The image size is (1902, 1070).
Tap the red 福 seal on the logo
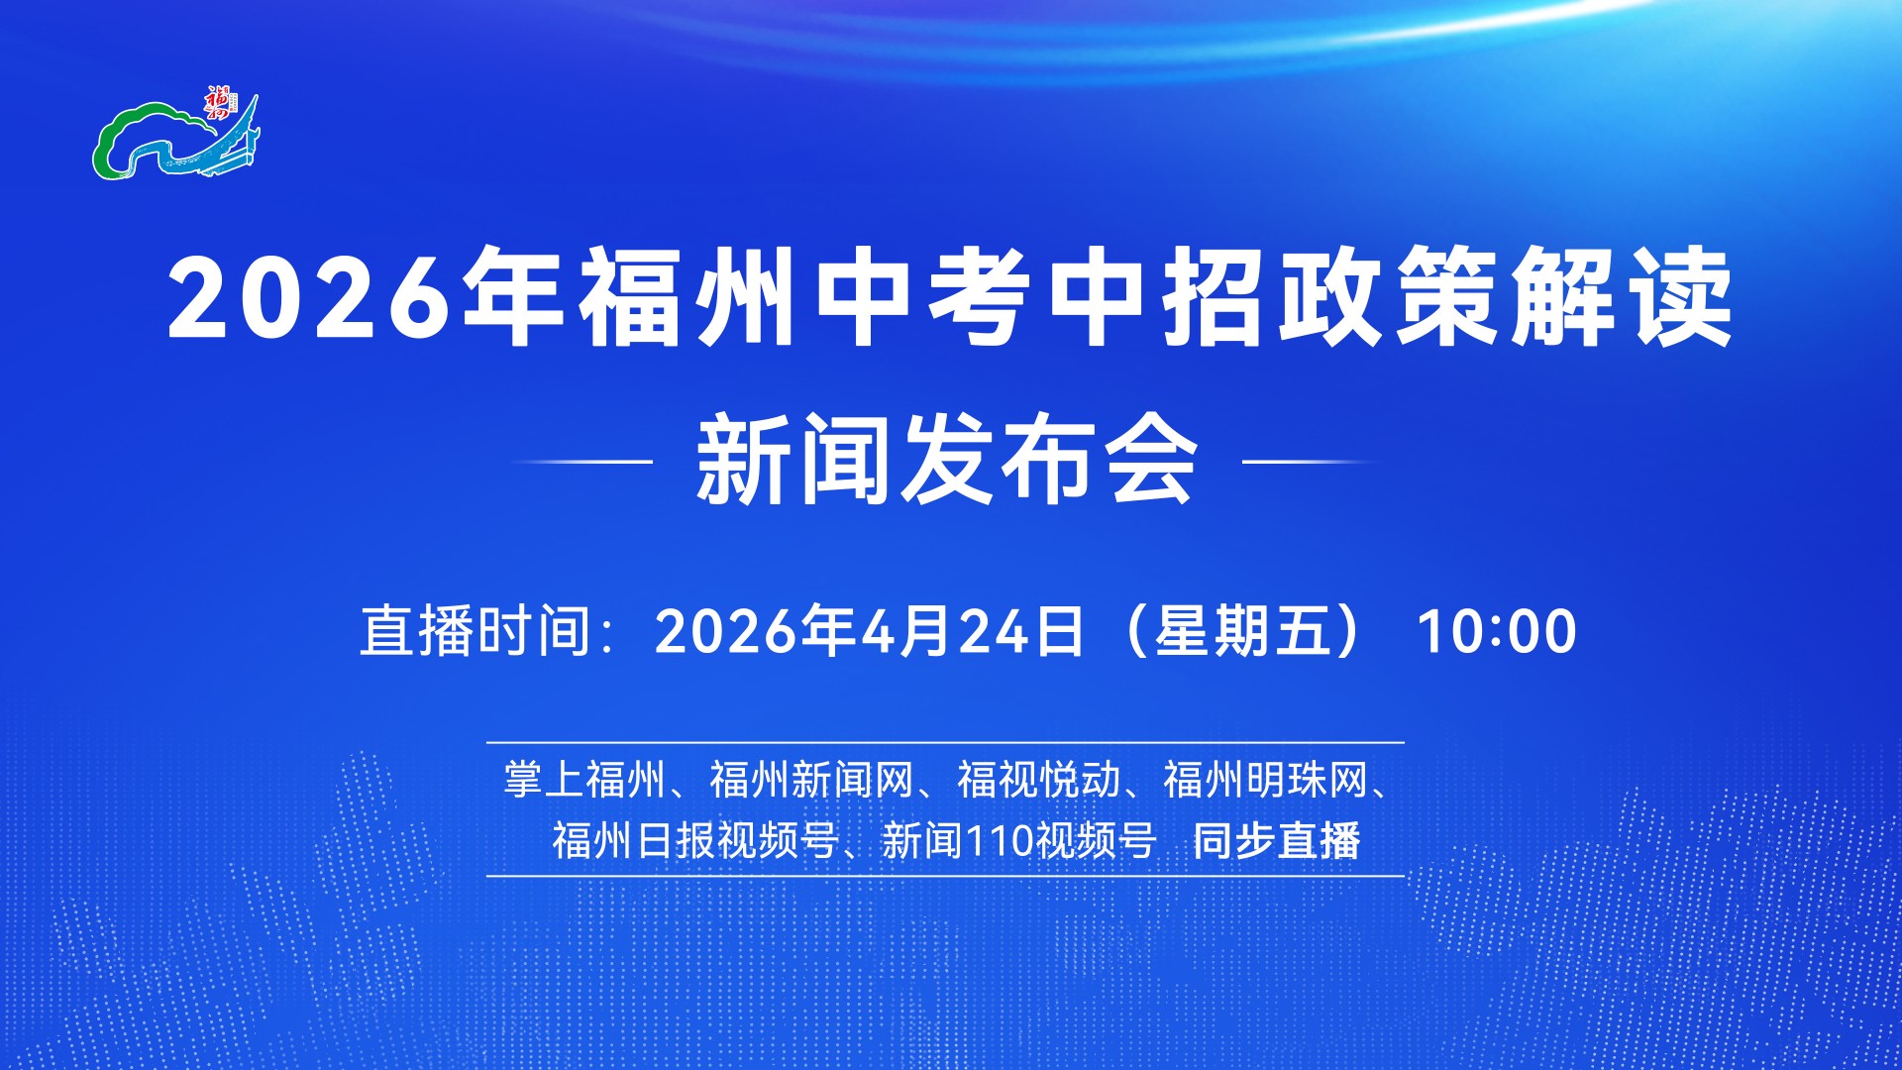[x=217, y=101]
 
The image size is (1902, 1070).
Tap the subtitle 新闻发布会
[x=947, y=460]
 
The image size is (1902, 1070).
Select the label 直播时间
[x=475, y=630]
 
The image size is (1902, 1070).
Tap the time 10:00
[x=1497, y=631]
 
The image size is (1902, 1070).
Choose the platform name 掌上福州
[x=584, y=780]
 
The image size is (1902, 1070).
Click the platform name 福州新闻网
[x=811, y=780]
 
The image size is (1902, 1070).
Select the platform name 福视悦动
[x=1038, y=780]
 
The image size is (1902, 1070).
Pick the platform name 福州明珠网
[x=1265, y=780]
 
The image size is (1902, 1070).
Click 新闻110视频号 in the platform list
[x=1019, y=840]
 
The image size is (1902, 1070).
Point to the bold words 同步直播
[x=1276, y=840]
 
